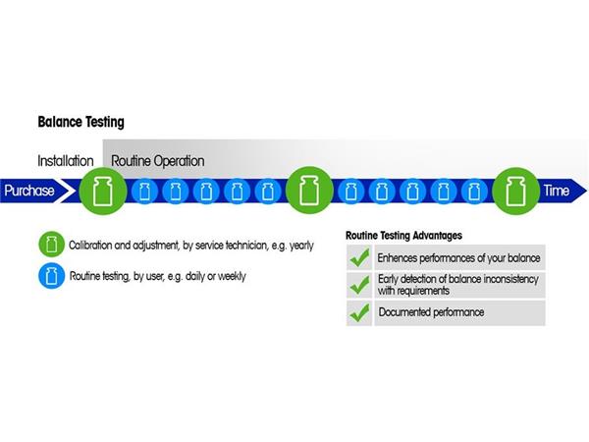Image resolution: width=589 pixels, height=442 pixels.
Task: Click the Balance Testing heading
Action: click(x=80, y=124)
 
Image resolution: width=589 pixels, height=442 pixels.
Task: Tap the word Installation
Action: click(x=66, y=160)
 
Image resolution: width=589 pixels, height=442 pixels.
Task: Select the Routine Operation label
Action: click(x=158, y=160)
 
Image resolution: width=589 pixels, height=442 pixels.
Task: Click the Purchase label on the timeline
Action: click(x=28, y=191)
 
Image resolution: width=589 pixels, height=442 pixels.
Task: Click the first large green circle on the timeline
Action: click(x=99, y=191)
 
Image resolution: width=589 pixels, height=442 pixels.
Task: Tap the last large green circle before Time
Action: click(x=514, y=191)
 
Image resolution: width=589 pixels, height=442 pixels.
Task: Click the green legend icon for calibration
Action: click(x=50, y=245)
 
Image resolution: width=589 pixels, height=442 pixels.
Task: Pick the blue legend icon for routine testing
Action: click(x=50, y=276)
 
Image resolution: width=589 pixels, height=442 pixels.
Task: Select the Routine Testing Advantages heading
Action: click(x=403, y=236)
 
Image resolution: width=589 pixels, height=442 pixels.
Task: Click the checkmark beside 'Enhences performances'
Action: click(x=359, y=258)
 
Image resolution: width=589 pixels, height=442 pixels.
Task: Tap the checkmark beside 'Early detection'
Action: click(x=359, y=286)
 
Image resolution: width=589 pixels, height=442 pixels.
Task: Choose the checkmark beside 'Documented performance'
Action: click(x=359, y=313)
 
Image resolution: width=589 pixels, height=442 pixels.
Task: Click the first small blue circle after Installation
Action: click(x=144, y=191)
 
